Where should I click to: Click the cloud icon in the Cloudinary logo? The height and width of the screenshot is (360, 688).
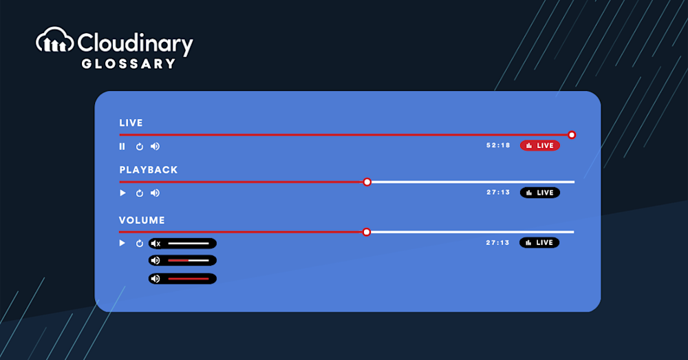pyautogui.click(x=54, y=40)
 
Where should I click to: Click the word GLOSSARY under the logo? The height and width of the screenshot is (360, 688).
pyautogui.click(x=129, y=64)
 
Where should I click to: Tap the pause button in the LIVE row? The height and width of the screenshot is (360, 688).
pyautogui.click(x=122, y=146)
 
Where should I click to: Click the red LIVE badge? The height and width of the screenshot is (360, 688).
pyautogui.click(x=539, y=145)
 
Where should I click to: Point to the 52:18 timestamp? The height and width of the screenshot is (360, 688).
pyautogui.click(x=498, y=145)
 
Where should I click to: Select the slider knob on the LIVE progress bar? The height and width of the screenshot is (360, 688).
pyautogui.click(x=571, y=135)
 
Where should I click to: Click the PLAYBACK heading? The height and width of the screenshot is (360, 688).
pyautogui.click(x=149, y=170)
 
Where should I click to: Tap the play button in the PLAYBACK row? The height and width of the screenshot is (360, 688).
pyautogui.click(x=122, y=193)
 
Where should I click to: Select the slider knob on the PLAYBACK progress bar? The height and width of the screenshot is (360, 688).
pyautogui.click(x=367, y=182)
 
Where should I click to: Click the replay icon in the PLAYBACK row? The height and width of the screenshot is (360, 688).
pyautogui.click(x=140, y=193)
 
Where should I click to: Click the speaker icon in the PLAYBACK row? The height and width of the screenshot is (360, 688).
pyautogui.click(x=155, y=193)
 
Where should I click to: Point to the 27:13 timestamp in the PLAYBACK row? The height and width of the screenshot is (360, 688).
pyautogui.click(x=498, y=192)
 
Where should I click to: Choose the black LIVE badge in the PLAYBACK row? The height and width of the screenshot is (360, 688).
pyautogui.click(x=539, y=192)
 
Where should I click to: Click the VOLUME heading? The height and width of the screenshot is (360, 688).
pyautogui.click(x=142, y=220)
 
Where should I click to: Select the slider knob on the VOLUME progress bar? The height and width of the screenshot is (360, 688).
pyautogui.click(x=367, y=232)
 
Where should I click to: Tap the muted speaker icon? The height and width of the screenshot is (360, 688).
pyautogui.click(x=155, y=244)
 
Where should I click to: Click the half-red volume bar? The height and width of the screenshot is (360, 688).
pyautogui.click(x=189, y=260)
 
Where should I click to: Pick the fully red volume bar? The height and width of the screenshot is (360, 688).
pyautogui.click(x=189, y=279)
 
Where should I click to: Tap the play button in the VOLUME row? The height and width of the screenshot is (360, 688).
pyautogui.click(x=122, y=243)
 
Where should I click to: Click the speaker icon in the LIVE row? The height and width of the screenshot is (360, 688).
pyautogui.click(x=155, y=146)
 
